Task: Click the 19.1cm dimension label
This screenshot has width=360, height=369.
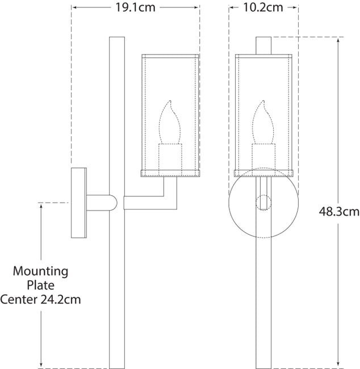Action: coord(135,7)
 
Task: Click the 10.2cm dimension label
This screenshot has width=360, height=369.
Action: coord(263,7)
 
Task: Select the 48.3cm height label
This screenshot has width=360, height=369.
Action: coord(339,211)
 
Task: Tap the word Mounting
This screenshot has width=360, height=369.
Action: coord(40,271)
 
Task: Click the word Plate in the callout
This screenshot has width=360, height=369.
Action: coord(40,285)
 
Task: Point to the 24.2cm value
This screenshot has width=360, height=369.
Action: coord(61,299)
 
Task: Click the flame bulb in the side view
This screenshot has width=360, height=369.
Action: coord(170,122)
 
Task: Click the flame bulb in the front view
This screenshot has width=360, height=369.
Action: coord(263,122)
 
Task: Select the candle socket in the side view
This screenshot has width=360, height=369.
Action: coord(170,160)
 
